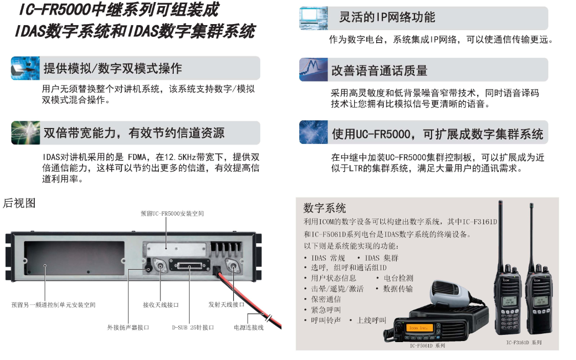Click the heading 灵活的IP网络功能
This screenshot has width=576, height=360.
[x=387, y=17]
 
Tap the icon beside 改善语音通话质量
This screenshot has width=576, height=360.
[x=313, y=70]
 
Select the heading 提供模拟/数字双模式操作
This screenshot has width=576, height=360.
[x=113, y=68]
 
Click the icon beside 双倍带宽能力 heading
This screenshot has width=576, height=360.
[x=25, y=133]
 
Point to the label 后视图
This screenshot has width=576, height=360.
[x=19, y=203]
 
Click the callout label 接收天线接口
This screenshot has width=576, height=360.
[x=161, y=305]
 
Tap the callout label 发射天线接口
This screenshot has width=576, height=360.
[x=227, y=305]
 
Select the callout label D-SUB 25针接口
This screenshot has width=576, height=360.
[x=193, y=327]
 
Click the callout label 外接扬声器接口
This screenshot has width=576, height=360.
[x=128, y=327]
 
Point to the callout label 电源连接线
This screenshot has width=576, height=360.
[x=249, y=327]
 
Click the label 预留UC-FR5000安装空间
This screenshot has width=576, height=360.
[x=172, y=214]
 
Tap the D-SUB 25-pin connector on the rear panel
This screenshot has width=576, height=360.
[x=189, y=265]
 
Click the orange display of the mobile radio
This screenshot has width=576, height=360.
[x=419, y=328]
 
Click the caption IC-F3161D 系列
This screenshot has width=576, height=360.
[x=524, y=343]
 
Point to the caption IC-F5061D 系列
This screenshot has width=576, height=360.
[x=427, y=346]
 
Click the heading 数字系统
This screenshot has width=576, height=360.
[x=325, y=208]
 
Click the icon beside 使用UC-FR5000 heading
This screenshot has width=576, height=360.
[x=313, y=132]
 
